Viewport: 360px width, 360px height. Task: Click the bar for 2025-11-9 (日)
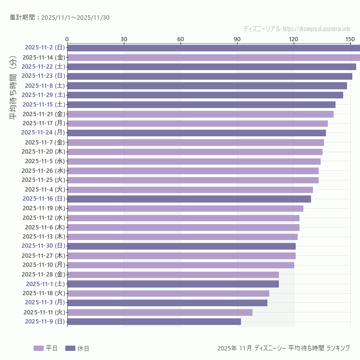click(x=154, y=322)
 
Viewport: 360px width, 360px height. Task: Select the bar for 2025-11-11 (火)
click(x=160, y=312)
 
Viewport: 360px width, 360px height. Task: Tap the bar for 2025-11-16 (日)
click(x=189, y=199)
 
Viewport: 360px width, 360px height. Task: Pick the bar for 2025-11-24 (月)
click(x=196, y=133)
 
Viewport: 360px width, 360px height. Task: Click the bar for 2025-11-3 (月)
click(x=167, y=303)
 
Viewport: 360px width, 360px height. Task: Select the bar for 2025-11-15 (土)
click(x=201, y=105)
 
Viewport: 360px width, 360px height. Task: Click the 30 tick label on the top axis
click(x=124, y=39)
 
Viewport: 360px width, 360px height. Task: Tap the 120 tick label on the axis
click(x=294, y=39)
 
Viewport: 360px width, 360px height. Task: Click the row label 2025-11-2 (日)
click(x=45, y=48)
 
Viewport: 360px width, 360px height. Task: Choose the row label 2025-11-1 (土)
click(x=45, y=284)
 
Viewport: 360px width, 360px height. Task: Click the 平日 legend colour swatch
click(x=38, y=348)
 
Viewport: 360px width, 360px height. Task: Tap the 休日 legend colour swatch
click(x=70, y=348)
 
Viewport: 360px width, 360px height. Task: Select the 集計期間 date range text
click(x=60, y=18)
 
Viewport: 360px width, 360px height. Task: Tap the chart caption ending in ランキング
click(x=283, y=348)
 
